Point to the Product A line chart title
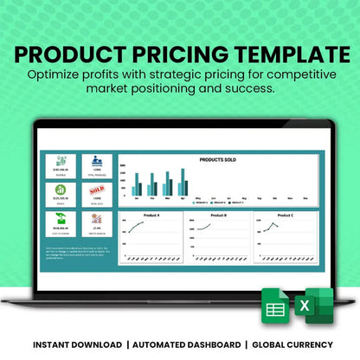pos(148,214)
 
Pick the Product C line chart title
pos(286,214)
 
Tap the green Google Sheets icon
pos(275,309)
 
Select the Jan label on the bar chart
pos(136,198)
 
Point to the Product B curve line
pos(211,227)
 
